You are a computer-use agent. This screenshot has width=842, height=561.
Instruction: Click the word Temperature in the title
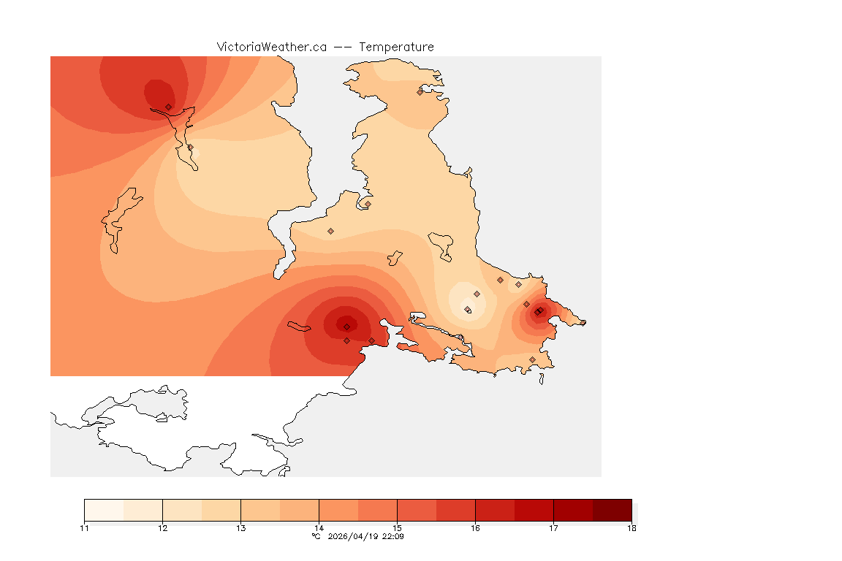coord(396,47)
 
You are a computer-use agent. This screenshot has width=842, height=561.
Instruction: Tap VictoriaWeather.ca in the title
coord(271,47)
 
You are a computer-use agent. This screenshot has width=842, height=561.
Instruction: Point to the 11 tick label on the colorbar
coord(84,528)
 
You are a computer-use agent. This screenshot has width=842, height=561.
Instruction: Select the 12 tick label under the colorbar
coord(162,528)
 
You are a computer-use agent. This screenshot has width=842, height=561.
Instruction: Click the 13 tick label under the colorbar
coord(240,528)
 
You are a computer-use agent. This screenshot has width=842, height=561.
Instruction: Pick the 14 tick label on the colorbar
coord(319,528)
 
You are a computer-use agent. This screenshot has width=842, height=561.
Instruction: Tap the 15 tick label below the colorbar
coord(397,528)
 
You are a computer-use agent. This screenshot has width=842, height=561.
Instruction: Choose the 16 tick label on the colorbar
coord(475,528)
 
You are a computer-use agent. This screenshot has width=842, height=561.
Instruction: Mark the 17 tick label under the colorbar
coord(553,528)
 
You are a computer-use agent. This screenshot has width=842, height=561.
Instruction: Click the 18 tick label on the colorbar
coord(631,528)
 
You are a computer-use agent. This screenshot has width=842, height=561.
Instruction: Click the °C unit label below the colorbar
coord(316,536)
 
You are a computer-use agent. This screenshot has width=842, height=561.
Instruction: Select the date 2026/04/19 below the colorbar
coord(354,536)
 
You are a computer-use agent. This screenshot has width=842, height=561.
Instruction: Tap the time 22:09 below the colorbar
coord(394,536)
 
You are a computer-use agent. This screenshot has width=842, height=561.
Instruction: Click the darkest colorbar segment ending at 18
coord(612,509)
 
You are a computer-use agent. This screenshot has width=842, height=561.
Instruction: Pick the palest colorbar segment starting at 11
coord(104,509)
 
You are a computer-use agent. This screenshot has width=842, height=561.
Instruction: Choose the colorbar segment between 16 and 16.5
coord(495,509)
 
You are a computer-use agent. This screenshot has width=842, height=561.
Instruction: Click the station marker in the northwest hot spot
coord(169,107)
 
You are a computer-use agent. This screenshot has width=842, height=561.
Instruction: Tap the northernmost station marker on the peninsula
coord(420,92)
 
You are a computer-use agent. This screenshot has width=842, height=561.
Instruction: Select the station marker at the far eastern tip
coord(583,322)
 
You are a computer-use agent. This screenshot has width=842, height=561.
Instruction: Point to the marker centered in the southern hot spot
coord(346,327)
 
